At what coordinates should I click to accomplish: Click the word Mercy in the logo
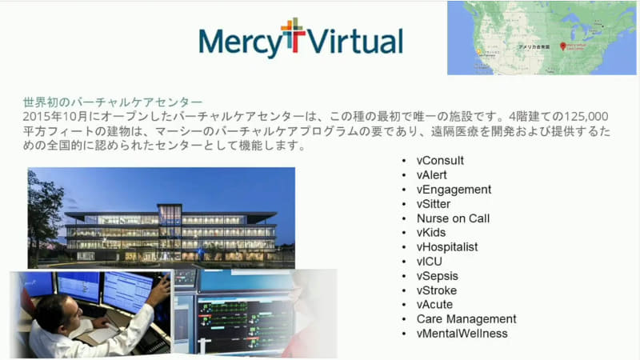click(x=238, y=40)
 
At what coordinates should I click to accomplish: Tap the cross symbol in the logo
click(x=293, y=37)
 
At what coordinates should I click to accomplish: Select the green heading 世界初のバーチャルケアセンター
click(x=113, y=102)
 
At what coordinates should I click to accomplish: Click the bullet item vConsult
click(x=440, y=160)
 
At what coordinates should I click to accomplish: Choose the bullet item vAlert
click(x=432, y=174)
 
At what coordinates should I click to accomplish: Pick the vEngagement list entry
click(x=454, y=190)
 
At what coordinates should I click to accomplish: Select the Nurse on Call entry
click(x=453, y=218)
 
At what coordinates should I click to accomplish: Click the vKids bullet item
click(x=431, y=233)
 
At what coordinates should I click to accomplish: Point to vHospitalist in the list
click(x=447, y=247)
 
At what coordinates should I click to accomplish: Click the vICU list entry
click(x=430, y=262)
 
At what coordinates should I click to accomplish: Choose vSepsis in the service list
click(x=437, y=276)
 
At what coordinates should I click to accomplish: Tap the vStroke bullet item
click(x=437, y=290)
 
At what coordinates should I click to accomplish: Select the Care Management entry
click(x=466, y=319)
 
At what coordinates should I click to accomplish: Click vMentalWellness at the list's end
click(x=462, y=334)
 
